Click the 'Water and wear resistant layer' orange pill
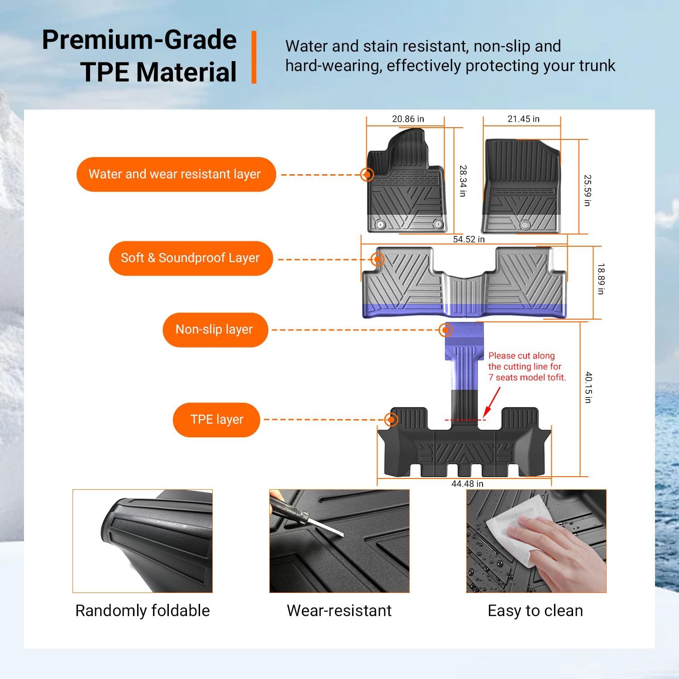[x=176, y=174]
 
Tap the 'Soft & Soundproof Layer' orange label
[x=190, y=258]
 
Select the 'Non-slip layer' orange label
[x=215, y=330]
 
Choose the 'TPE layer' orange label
[x=216, y=420]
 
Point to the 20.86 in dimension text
[x=408, y=119]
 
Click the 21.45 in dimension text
[x=523, y=119]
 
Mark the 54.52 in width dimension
[x=469, y=239]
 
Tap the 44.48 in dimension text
[x=467, y=484]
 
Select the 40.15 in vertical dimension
[x=588, y=387]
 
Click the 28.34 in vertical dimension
[x=463, y=181]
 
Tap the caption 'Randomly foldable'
[x=143, y=611]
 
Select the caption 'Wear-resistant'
[x=339, y=611]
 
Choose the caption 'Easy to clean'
[x=535, y=611]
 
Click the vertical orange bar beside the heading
[x=254, y=57]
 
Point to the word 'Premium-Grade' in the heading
[x=139, y=40]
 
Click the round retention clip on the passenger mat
[x=525, y=225]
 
